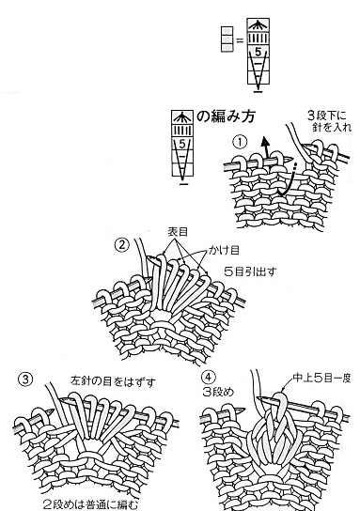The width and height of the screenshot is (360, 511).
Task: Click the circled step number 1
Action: click(241, 143)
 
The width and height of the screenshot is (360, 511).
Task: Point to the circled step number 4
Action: click(208, 377)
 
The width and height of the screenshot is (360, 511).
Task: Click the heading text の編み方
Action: click(226, 116)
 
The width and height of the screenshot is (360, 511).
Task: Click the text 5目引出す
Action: click(250, 271)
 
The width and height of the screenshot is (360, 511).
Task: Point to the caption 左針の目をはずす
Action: click(113, 381)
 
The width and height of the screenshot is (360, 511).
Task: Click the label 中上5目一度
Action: click(321, 378)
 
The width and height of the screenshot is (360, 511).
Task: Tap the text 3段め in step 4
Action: click(218, 392)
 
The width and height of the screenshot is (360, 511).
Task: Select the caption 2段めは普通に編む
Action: click(90, 504)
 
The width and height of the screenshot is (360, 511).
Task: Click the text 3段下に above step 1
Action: click(327, 116)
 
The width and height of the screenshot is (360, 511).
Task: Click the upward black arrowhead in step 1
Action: click(265, 142)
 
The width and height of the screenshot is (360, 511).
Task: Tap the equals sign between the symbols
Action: click(240, 40)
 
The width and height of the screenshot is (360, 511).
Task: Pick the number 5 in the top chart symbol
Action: click(258, 52)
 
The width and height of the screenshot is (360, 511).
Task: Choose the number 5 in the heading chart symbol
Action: click(182, 144)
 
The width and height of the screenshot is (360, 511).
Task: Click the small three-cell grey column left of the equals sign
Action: click(227, 39)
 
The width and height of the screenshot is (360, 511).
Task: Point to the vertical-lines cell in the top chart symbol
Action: click(258, 39)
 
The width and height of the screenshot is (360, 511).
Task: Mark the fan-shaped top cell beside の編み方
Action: click(182, 117)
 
